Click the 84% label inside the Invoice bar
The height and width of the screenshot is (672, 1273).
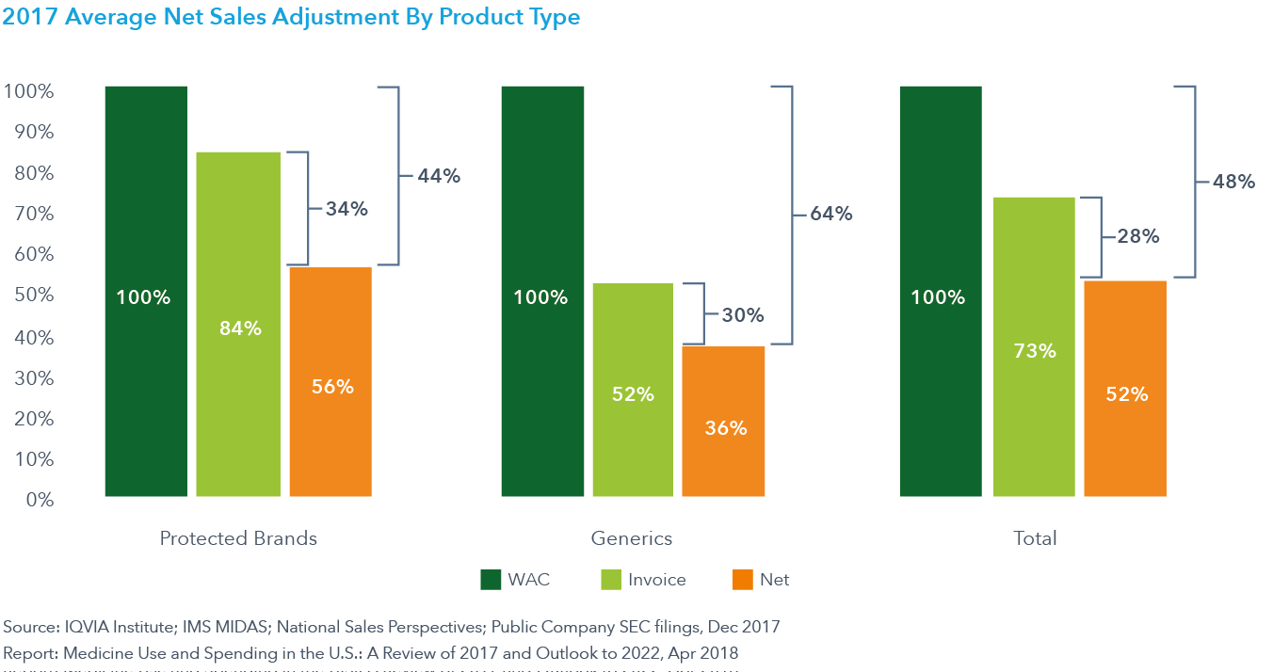[x=240, y=328]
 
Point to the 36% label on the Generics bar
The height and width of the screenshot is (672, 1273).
[x=725, y=427]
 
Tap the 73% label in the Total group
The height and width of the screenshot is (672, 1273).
[x=1035, y=351]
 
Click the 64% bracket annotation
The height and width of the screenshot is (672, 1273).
[x=831, y=215]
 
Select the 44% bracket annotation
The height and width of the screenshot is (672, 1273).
[x=440, y=175]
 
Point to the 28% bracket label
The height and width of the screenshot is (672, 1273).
[x=1138, y=237]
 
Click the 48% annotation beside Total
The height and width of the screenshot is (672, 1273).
[x=1234, y=182]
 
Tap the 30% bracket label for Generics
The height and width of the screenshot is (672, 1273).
[x=743, y=315]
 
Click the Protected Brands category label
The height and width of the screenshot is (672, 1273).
[x=238, y=538]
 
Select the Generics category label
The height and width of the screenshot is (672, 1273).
[x=632, y=538]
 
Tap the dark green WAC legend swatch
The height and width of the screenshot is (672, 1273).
[x=491, y=580]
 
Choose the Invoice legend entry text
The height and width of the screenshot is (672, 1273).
[x=657, y=580]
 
